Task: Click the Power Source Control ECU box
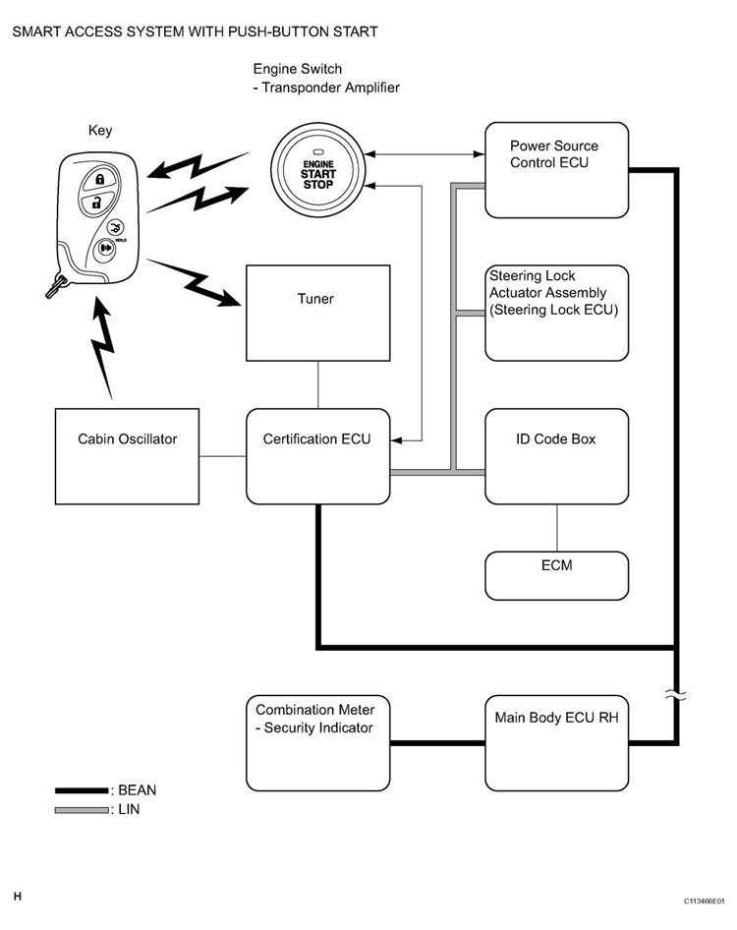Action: point(556,169)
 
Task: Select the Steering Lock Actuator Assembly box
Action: point(556,313)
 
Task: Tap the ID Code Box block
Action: point(556,456)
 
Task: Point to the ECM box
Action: point(556,575)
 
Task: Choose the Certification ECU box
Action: point(317,456)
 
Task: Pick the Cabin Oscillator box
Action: point(128,456)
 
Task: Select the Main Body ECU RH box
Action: point(556,742)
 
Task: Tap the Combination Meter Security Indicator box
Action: point(317,742)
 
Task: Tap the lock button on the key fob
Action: point(99,179)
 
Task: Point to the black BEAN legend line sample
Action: point(82,790)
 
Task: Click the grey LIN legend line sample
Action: point(82,810)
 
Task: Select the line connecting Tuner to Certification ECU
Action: point(317,385)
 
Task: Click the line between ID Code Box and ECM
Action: point(557,528)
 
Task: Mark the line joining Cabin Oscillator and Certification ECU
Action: point(222,456)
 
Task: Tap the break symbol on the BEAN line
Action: point(676,695)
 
